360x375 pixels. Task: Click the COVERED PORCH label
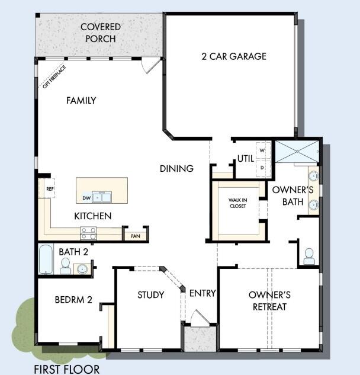point(99,33)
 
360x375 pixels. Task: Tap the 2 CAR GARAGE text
point(233,56)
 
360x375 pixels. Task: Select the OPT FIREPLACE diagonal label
point(54,76)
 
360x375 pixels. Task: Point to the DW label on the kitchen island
point(87,198)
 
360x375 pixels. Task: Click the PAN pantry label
point(135,236)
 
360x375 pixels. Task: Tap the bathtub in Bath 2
point(46,259)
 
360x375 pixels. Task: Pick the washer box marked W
point(261,150)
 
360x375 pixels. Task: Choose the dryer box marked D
point(261,168)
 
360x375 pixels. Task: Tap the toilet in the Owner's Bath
point(308,256)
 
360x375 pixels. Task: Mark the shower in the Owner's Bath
point(296,152)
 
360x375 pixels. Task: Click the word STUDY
point(150,294)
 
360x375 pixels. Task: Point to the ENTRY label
point(202,293)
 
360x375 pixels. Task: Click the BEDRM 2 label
point(73,300)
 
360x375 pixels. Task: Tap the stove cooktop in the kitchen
point(89,232)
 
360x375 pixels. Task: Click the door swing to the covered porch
point(151,66)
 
